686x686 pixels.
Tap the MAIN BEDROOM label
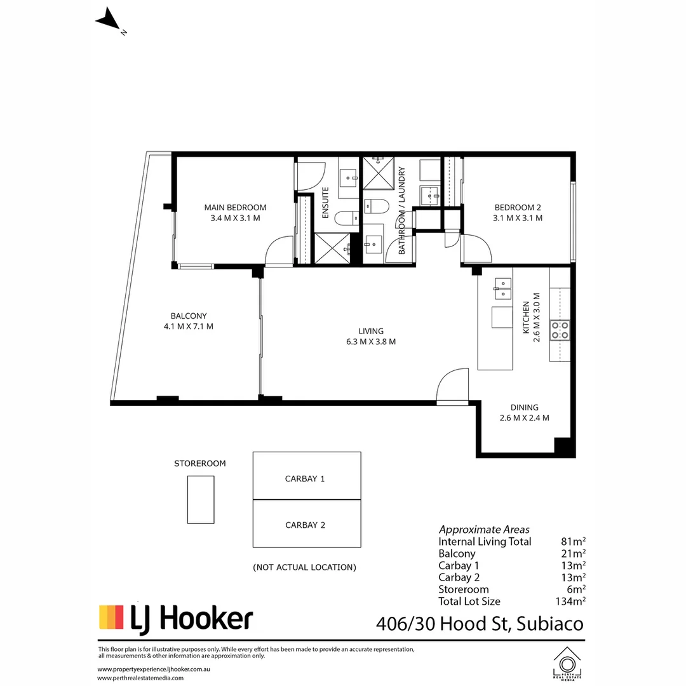pos(235,208)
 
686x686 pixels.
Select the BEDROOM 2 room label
pos(518,208)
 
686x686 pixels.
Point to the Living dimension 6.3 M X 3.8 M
pos(371,342)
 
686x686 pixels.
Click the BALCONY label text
pos(188,316)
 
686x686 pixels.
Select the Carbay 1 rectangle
pos(307,476)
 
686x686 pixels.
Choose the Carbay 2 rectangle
pos(307,524)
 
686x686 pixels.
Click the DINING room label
pos(524,408)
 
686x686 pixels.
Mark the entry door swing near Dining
pos(452,387)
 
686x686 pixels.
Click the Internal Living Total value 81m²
pos(574,542)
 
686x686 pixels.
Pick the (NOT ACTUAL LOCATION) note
pos(304,567)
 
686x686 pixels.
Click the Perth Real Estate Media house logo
pos(567,662)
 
